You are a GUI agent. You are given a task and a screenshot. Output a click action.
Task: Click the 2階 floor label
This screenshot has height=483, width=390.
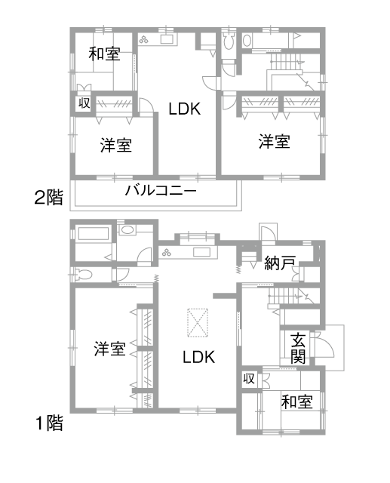point(48,198)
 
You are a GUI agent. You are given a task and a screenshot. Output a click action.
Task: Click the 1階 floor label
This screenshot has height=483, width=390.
point(50,423)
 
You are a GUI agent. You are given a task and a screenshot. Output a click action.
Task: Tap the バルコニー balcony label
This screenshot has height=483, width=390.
point(161,190)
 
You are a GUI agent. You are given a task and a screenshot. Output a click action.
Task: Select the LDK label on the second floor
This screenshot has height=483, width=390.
point(185,109)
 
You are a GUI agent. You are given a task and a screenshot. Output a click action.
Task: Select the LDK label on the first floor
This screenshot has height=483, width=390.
point(199,357)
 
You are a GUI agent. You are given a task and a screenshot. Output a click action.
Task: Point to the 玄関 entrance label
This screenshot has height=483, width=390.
point(298,348)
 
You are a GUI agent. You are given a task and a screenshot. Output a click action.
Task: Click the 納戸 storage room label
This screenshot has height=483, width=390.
point(280,263)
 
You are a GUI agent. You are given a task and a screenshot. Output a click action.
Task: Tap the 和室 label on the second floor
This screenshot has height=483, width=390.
point(104,54)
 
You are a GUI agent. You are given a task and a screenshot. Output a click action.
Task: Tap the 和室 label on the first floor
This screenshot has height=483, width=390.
point(297,402)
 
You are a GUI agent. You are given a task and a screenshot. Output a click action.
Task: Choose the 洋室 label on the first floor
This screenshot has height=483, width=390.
point(110,349)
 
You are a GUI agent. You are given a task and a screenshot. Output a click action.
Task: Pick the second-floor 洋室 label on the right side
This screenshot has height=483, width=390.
point(275,141)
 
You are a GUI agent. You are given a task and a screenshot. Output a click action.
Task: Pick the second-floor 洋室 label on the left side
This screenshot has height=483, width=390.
point(116,145)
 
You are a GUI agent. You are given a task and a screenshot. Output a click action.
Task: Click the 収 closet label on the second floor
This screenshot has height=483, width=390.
point(84,103)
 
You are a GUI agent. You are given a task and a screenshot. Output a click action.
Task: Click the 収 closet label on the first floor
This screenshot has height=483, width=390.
point(249,378)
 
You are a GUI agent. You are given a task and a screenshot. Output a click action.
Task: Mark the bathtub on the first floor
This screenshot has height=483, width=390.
point(94,233)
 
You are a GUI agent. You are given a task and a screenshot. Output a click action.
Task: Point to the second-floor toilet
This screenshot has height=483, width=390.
point(228,42)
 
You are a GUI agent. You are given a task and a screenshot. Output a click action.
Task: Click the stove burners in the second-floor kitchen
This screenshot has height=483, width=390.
point(143,39)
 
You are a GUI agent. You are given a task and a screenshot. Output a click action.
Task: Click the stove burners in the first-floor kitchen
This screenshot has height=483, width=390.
point(167,253)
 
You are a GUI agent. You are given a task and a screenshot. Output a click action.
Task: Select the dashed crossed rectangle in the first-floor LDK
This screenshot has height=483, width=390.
point(198,323)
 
